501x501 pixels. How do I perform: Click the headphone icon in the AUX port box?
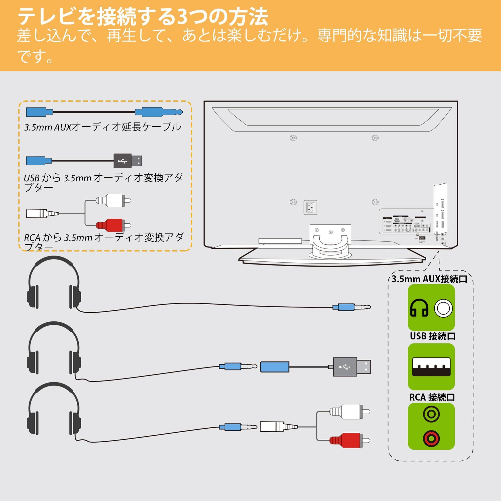(x=419, y=308)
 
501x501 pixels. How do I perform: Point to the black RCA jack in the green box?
(x=431, y=414)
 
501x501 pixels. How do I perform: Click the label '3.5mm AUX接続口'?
(x=429, y=279)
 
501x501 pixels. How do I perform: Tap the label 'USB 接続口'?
(x=433, y=336)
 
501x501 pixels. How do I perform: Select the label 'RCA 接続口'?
(x=432, y=397)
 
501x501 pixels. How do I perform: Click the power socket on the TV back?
(x=310, y=207)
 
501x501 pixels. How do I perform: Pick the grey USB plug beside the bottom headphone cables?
(x=352, y=367)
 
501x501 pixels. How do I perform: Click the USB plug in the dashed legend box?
(x=128, y=161)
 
